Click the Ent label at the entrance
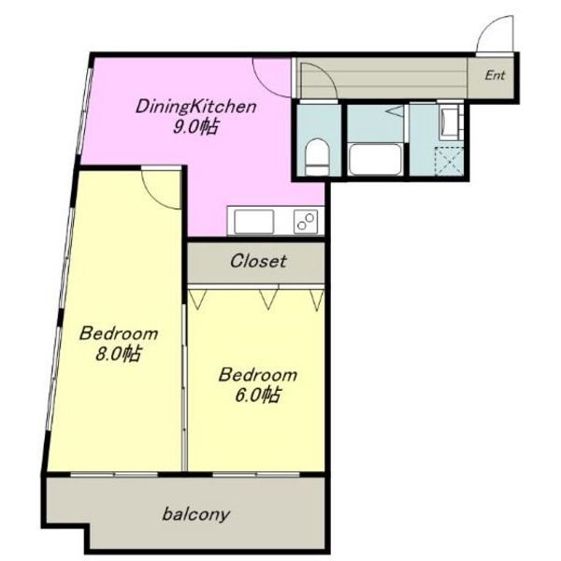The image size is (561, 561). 495,76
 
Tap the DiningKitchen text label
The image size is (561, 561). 196,107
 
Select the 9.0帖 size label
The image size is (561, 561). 195,127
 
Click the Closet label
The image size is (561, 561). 258,261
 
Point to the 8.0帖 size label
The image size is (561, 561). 118,353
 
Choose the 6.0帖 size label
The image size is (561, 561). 257,396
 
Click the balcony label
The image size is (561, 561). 195,514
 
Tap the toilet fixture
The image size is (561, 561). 317,157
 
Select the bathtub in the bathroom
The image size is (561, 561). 375,160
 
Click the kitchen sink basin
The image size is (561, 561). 253,222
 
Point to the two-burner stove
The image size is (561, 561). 306,222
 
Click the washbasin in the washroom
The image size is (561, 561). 451,122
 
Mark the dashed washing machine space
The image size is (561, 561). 449,161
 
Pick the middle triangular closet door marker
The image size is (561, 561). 268,299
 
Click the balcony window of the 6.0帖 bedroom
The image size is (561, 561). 256,474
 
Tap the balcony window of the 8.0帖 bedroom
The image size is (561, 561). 114,474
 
